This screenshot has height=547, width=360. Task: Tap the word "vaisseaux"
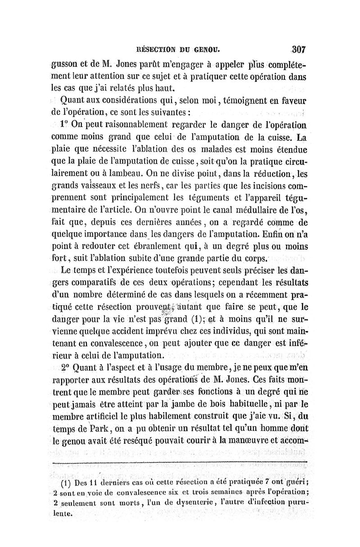pyautogui.click(x=104, y=184)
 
